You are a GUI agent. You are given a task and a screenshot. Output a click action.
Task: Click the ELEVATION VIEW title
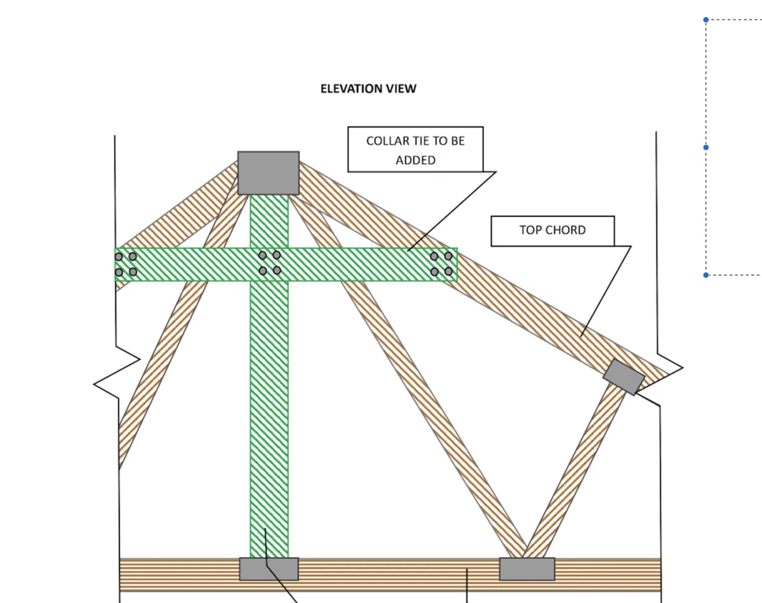pos(368,88)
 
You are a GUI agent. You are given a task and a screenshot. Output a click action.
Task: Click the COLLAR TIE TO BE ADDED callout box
pos(415,149)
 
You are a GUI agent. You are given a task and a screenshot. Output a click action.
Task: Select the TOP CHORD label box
pos(552,231)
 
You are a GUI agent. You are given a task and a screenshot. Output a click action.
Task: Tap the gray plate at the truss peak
pos(269,173)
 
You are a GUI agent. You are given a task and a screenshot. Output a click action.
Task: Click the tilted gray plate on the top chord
pos(624,377)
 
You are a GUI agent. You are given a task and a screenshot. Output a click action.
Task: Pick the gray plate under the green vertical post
pos(269,569)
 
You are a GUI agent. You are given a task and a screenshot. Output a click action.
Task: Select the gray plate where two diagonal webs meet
pos(527,569)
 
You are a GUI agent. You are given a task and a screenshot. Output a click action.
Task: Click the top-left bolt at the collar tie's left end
pos(119,256)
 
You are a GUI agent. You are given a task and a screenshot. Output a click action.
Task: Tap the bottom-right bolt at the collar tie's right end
pos(448,271)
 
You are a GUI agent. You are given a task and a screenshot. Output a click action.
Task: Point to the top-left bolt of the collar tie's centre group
pos(262,255)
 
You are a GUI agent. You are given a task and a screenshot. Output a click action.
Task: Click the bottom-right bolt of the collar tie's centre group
pos(277,270)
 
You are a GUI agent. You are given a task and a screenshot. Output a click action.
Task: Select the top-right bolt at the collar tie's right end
pos(448,256)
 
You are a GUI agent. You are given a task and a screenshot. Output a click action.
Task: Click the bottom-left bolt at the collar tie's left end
pos(119,272)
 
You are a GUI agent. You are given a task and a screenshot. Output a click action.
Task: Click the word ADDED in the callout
pos(415,161)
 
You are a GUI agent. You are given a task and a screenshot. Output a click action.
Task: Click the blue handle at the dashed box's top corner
pos(705,20)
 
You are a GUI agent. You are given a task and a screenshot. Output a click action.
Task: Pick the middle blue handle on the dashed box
pos(705,147)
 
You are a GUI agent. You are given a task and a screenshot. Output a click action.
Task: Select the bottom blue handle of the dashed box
pos(705,275)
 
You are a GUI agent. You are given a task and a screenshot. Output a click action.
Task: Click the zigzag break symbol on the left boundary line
pos(117,372)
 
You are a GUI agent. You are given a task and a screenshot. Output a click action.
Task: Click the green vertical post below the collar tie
pos(269,418)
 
